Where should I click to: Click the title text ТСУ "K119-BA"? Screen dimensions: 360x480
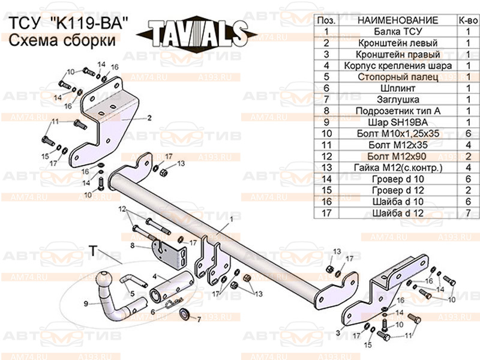point(69,24)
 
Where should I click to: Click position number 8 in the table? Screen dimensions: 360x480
point(326,110)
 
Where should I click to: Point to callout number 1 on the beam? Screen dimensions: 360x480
point(229,220)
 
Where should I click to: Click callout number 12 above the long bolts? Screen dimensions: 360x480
point(122,209)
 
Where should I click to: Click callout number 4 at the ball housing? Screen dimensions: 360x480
point(154,276)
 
